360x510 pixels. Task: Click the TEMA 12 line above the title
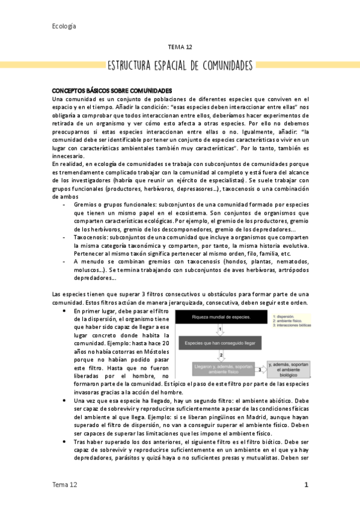(x=180, y=46)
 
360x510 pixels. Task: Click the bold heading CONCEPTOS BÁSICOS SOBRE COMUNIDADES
(x=112, y=90)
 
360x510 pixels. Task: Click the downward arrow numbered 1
(x=221, y=329)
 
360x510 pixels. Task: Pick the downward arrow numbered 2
(x=221, y=356)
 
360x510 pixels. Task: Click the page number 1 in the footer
(x=306, y=484)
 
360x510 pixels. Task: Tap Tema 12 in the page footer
(x=64, y=484)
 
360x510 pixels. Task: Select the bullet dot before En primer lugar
(x=64, y=312)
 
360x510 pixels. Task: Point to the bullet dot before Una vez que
(x=64, y=401)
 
